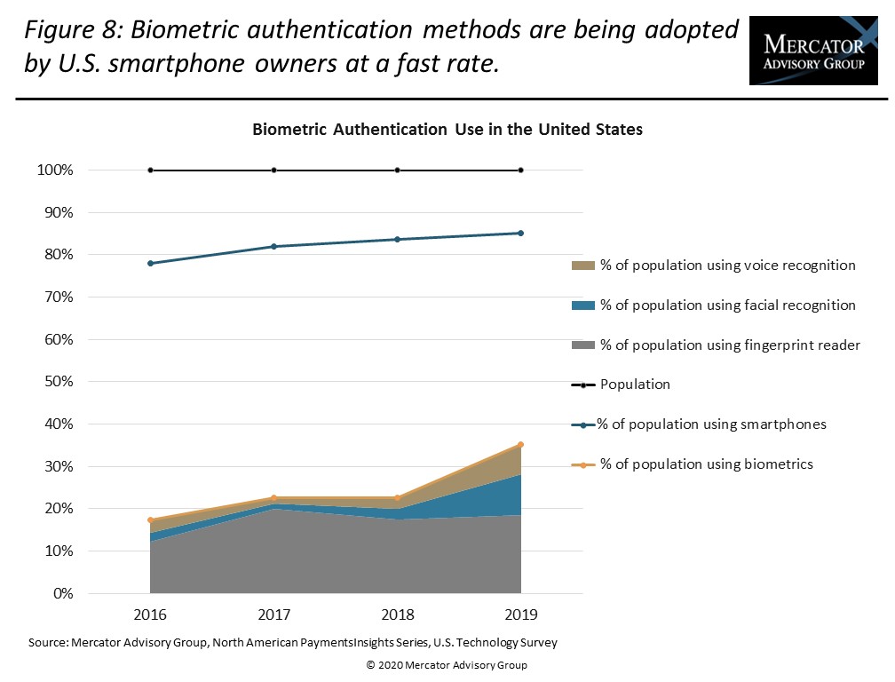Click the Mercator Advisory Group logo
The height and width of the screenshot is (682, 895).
[x=813, y=50]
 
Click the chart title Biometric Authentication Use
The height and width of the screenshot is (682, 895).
[x=447, y=130]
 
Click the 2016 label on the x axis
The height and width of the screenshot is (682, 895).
[x=150, y=615]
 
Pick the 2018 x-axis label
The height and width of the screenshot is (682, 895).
[x=397, y=615]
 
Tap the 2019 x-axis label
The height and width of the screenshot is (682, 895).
[x=520, y=615]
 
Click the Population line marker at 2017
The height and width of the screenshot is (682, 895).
[x=273, y=170]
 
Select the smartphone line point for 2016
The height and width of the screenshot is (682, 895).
[x=150, y=264]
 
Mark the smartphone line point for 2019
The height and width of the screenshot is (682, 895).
[x=520, y=234]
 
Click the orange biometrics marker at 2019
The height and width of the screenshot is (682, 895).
[x=520, y=445]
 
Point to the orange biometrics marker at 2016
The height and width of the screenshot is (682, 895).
[x=150, y=520]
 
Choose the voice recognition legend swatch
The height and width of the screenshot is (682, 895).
[x=583, y=266]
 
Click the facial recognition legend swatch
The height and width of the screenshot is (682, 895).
[x=583, y=305]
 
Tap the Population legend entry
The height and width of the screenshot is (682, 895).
[x=635, y=385]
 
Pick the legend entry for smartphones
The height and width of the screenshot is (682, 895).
[x=710, y=424]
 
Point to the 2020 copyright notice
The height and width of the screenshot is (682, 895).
[x=447, y=665]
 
